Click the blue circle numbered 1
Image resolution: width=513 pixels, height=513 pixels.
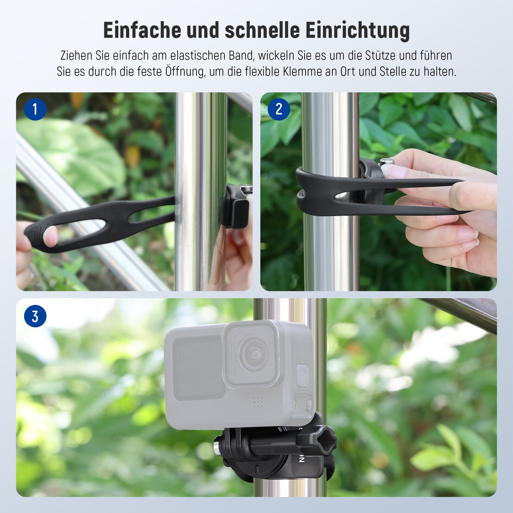click(x=35, y=109)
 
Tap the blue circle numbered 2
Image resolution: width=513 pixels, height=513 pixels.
click(x=279, y=109)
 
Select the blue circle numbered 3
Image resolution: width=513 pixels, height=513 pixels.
click(x=35, y=316)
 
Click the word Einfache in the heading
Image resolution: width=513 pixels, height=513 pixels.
click(x=142, y=30)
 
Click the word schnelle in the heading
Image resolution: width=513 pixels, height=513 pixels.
click(x=262, y=30)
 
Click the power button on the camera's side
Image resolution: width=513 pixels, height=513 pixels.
click(x=303, y=375)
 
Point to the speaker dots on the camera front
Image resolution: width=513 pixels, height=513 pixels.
click(x=258, y=401)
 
